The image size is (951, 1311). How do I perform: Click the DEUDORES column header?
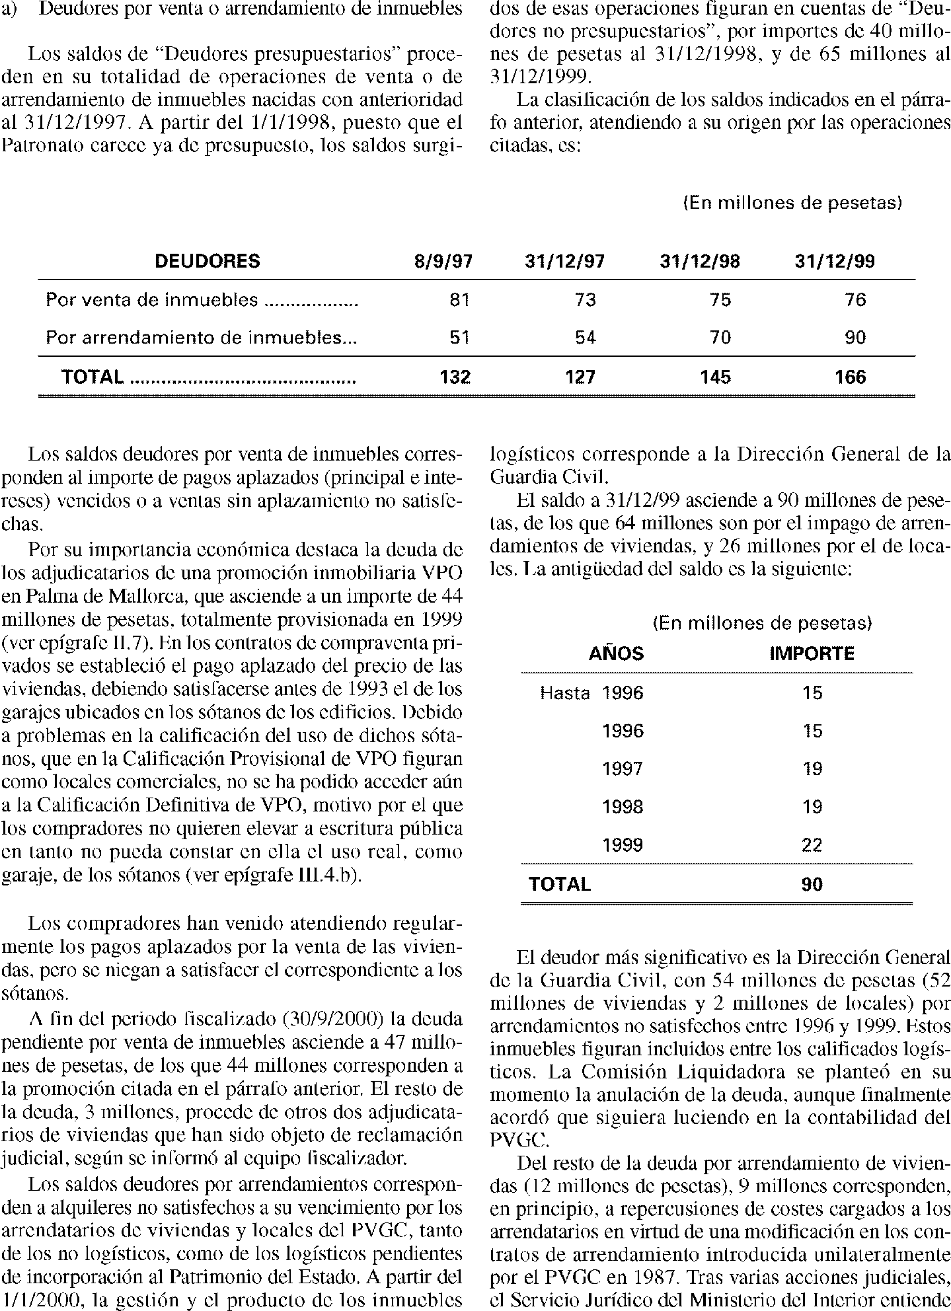pos(207,262)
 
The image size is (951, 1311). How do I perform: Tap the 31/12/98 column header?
pos(700,262)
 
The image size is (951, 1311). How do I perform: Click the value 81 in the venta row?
pos(459,300)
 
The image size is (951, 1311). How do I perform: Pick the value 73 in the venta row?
pos(586,300)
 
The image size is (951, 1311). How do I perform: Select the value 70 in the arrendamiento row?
pos(720,338)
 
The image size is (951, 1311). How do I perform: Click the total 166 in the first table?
pos(850,377)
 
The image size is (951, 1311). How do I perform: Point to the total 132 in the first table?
pos(455,377)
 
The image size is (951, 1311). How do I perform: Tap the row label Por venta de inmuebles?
pos(152,300)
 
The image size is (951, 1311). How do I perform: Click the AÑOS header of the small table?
pos(616,654)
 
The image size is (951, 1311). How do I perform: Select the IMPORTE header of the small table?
pos(812,654)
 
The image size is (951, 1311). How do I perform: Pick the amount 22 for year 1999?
pos(812,845)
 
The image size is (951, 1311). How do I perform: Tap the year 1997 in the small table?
pos(623,769)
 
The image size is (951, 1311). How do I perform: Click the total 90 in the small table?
pos(812,884)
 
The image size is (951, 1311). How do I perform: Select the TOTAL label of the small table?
pos(559,884)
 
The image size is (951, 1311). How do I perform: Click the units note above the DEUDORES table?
pos(792,203)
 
